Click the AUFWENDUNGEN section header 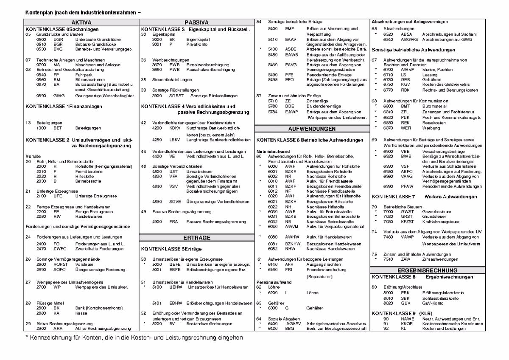point(312,129)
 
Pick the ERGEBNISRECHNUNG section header point(427,270)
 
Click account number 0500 point(41,39)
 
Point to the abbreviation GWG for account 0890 point(59,96)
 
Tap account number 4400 point(157,156)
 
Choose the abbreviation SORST point(176,96)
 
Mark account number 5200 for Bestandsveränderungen point(157,323)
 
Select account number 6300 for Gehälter point(272,308)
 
